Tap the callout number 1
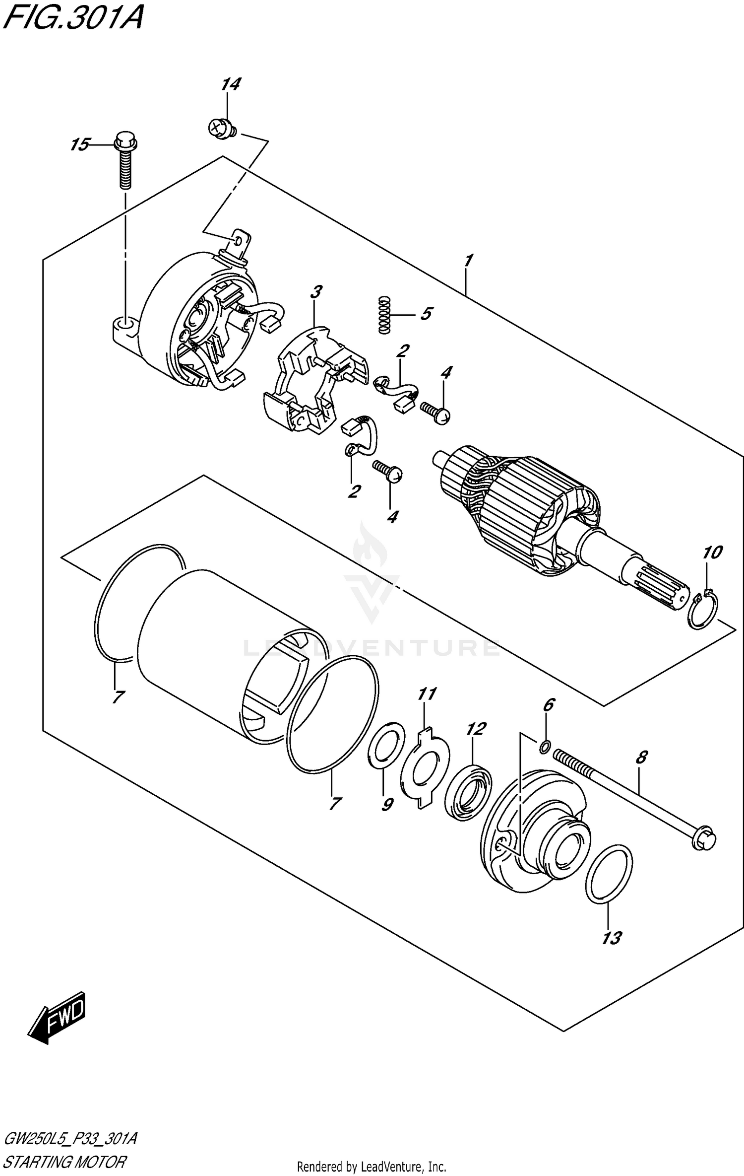tap(468, 260)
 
